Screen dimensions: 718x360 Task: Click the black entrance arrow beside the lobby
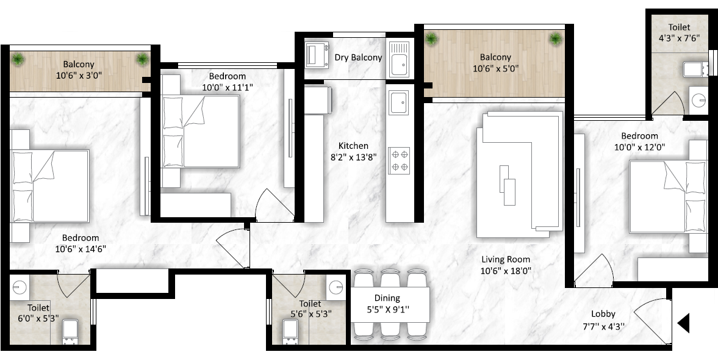683,323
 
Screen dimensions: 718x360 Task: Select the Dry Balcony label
358,57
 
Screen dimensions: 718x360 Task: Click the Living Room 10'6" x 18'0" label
506,265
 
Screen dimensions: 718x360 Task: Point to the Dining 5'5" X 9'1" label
387,304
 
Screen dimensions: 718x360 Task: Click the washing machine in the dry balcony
317,54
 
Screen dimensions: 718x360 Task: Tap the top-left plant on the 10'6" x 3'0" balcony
18,59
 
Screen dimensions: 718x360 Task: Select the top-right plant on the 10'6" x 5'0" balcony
556,39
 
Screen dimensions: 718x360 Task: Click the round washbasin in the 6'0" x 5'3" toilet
20,287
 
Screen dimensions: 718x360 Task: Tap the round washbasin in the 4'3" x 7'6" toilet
698,100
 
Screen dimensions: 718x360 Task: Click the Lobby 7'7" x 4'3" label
603,320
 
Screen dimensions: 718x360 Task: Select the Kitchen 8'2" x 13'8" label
353,151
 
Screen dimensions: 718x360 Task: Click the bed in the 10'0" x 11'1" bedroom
201,131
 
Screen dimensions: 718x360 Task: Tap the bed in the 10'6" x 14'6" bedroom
50,187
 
